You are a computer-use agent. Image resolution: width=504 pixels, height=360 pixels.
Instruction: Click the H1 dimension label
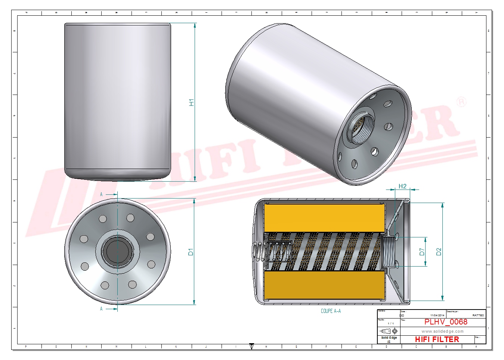coord(192,102)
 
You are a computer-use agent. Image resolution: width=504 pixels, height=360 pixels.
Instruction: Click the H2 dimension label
coord(402,186)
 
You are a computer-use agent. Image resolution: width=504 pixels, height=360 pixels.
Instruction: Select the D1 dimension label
coord(191,252)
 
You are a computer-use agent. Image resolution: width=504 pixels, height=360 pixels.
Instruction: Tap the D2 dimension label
coord(439,252)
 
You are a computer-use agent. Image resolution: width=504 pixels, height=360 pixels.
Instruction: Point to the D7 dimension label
coord(422,252)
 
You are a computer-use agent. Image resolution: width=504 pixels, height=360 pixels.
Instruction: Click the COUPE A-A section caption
coord(331,311)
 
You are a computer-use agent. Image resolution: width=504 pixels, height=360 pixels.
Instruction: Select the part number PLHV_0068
coord(445,322)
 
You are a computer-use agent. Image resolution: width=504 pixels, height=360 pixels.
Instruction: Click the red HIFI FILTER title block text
coord(437,339)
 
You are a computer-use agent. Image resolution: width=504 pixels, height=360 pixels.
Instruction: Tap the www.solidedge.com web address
coord(442,331)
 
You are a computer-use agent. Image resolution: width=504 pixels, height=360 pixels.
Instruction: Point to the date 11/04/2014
coord(437,316)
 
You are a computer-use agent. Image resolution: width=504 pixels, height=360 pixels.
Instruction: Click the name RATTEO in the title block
coord(478,316)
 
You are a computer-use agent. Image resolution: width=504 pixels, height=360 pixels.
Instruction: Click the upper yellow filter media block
coord(324,218)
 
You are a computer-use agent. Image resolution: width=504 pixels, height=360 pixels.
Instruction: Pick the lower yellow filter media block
coord(324,285)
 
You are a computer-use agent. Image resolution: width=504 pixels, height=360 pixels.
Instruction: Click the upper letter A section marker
coord(101,194)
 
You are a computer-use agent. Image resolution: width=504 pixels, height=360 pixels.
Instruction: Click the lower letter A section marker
coord(101,309)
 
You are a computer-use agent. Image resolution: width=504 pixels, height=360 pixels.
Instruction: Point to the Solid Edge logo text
coord(389,338)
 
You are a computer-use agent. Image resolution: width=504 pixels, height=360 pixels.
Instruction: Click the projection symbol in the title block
coord(389,331)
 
